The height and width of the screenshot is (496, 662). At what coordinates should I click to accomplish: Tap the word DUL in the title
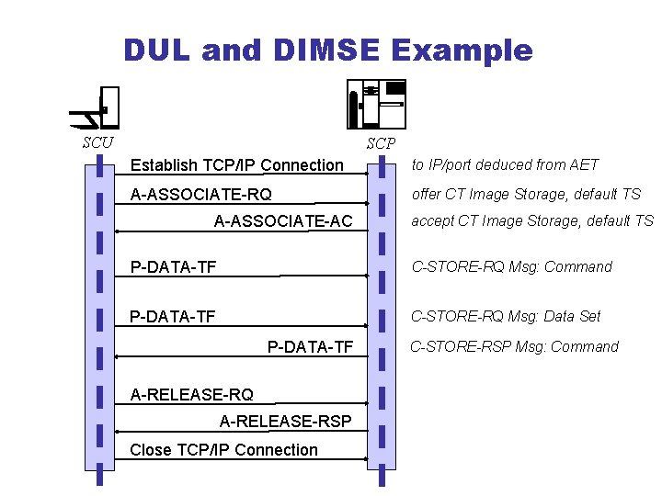coord(157,50)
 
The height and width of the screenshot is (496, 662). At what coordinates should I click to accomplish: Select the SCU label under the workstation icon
coord(97,142)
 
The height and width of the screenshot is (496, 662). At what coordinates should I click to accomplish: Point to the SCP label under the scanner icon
coord(381,143)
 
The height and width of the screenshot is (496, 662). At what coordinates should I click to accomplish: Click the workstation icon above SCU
coord(97,108)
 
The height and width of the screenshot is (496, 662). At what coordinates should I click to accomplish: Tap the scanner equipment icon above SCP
coord(376,103)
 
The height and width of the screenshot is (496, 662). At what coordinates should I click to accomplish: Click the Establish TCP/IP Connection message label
coord(236,165)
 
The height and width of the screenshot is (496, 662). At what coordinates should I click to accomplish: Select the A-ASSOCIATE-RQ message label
coord(201,195)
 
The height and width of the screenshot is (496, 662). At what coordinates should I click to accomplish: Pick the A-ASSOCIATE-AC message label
coord(283,221)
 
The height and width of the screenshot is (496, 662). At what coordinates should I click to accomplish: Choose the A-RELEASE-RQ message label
coord(192,395)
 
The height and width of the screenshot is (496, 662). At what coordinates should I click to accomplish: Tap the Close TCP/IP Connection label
coord(224,450)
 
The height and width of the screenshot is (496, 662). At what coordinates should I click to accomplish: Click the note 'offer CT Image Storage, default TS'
coord(526,195)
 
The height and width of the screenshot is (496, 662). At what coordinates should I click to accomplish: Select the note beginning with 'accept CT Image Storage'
coord(531,221)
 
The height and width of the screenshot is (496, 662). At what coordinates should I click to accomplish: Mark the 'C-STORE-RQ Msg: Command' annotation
coord(511,267)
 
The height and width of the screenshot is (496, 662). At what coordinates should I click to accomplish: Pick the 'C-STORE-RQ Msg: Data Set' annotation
coord(505,317)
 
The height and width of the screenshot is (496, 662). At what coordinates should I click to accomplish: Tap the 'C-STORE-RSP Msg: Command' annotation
coord(514,347)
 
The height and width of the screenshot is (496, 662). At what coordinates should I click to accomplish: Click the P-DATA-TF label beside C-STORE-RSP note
coord(310,346)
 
